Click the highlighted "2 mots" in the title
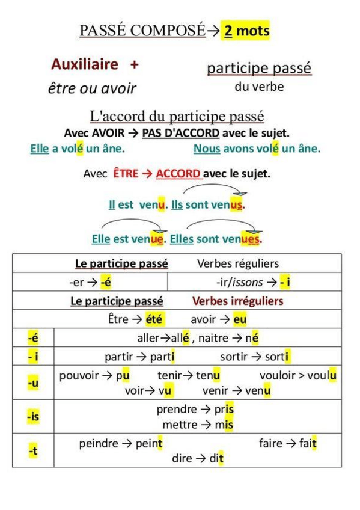(246, 30)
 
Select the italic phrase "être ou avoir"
(92, 88)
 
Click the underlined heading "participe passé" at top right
(259, 68)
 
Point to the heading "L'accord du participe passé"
(177, 116)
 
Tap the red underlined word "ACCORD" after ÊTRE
(178, 174)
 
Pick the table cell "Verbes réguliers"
(237, 263)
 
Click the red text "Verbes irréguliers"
(237, 301)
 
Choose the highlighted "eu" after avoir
(240, 319)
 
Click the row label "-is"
(32, 416)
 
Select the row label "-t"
(32, 450)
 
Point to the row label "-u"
(32, 382)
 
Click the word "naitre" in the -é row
(213, 338)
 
